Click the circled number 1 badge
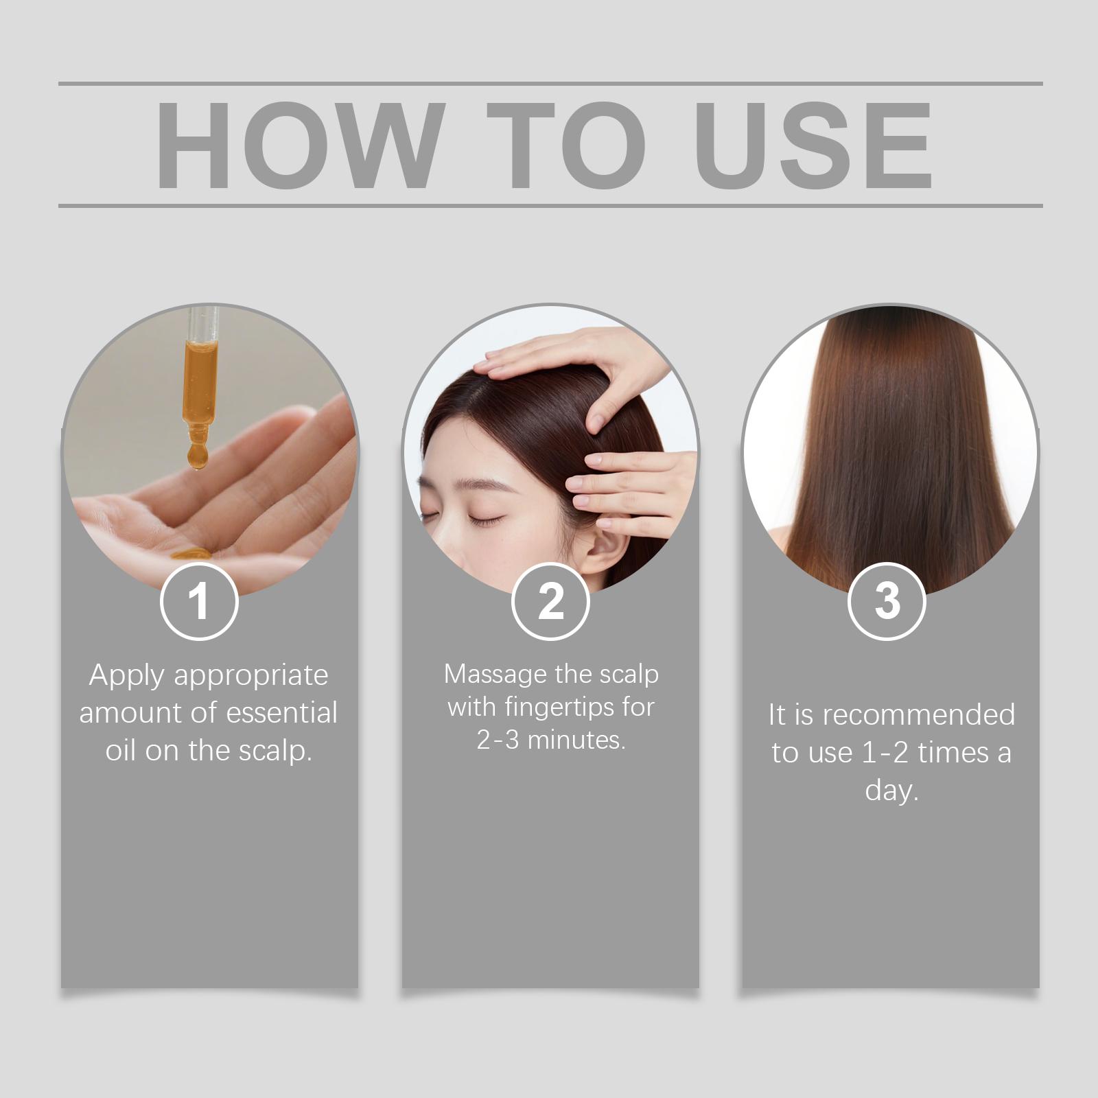[199, 602]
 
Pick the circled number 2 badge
[550, 602]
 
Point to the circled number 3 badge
[887, 602]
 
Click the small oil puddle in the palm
[191, 552]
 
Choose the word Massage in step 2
[495, 675]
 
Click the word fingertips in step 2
[552, 708]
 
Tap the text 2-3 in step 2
[498, 740]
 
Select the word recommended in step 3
[919, 715]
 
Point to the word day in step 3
[891, 791]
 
